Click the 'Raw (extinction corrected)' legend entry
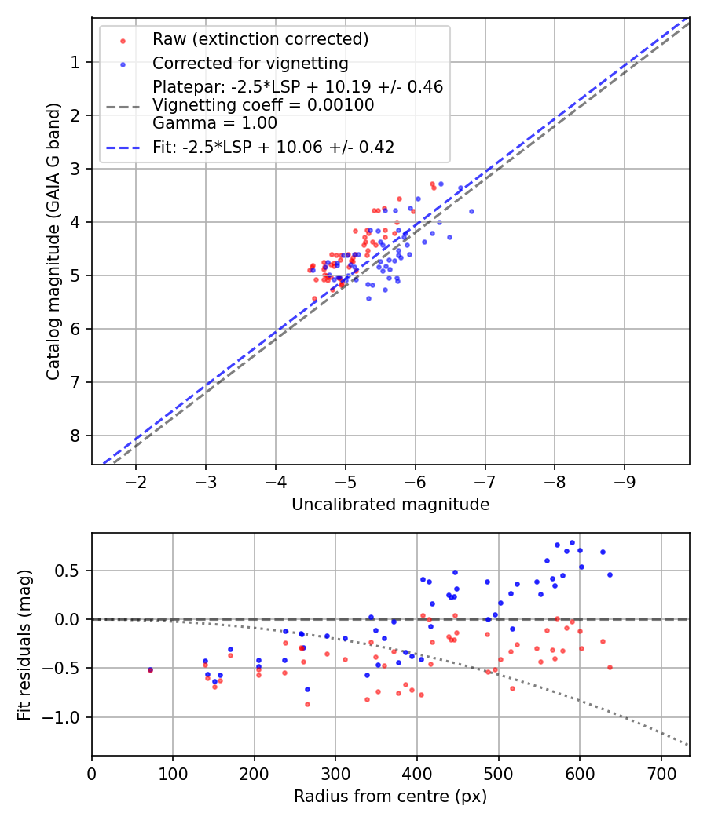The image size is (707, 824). pos(260,39)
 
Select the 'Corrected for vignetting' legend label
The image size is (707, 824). pos(250,63)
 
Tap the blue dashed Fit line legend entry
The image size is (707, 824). pos(273,147)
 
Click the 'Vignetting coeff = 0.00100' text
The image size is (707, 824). pos(263,105)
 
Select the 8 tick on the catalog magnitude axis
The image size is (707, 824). pos(76,436)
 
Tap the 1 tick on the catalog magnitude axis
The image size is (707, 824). pos(76,62)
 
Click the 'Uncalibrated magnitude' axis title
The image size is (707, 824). pos(390,505)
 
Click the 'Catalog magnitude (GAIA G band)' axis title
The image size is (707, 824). pos(53,242)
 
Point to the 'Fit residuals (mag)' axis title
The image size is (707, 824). pos(24,644)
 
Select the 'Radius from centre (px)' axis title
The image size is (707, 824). pos(390,797)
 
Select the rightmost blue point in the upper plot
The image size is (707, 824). pos(471,211)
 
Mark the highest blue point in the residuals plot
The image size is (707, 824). pos(572,542)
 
